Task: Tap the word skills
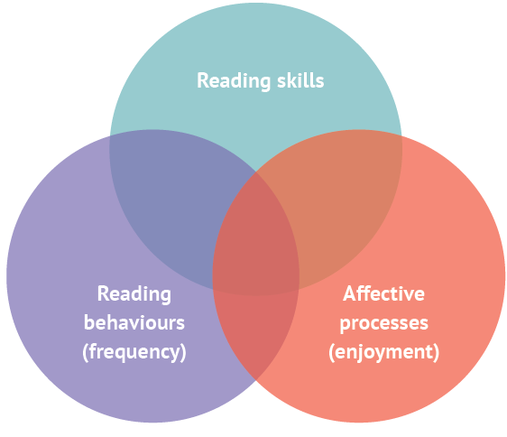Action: [300, 80]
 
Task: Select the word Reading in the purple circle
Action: [134, 294]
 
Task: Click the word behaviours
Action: [134, 322]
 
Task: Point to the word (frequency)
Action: [134, 352]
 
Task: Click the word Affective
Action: [383, 293]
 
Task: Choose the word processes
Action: [383, 324]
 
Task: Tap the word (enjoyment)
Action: [383, 352]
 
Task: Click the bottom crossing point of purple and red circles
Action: [256, 381]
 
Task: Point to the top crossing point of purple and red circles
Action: [256, 172]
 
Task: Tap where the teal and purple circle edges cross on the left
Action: [110, 136]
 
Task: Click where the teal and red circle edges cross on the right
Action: [401, 136]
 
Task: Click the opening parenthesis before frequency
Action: [85, 352]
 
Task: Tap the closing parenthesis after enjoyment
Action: [437, 352]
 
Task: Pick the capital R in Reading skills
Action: [203, 81]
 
